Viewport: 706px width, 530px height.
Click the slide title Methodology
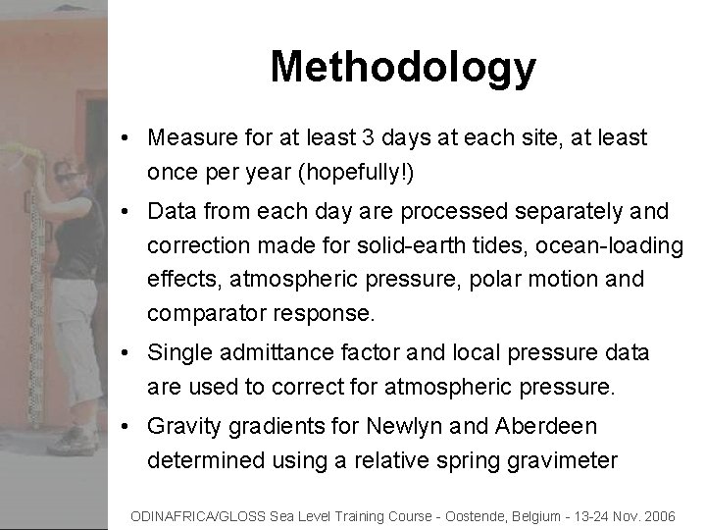403,67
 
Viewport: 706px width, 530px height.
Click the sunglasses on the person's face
69,178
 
